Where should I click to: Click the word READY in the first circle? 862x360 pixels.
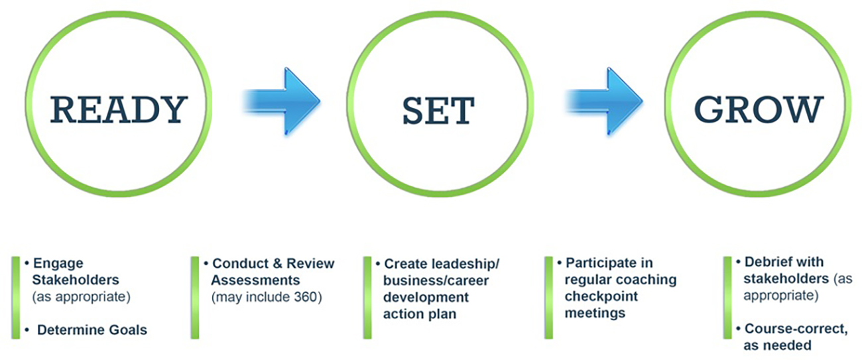119,109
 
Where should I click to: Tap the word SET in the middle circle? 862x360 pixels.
438,111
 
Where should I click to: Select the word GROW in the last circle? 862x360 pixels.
759,109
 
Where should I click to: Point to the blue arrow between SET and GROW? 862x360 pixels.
605,101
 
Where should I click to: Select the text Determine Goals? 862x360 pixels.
92,330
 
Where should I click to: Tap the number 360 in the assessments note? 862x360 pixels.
305,297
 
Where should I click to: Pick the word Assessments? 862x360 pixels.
255,280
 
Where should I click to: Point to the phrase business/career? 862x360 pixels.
436,280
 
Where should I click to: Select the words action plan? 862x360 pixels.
420,314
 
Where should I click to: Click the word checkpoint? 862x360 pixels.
601,296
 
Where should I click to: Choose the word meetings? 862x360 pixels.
595,314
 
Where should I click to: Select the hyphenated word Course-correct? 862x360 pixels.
796,329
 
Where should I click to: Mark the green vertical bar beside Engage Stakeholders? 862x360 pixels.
16,298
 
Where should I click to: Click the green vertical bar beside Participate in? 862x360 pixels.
549,298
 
